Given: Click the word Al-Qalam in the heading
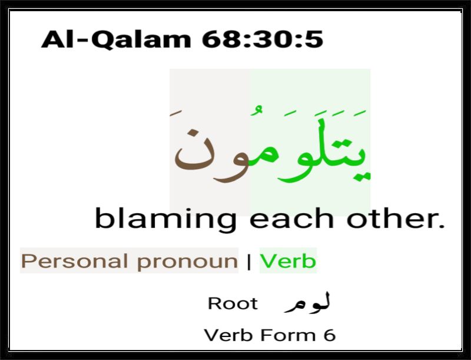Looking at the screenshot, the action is tap(116, 39).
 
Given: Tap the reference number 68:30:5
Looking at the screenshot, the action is tap(263, 39).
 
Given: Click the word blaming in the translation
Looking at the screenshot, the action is tap(165, 219).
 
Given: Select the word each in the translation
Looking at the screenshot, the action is tap(291, 218).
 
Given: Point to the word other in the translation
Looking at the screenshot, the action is tap(390, 218).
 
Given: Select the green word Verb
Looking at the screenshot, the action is tap(288, 261).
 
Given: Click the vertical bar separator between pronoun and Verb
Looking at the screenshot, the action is tap(248, 262).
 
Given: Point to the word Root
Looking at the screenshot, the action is tap(233, 303).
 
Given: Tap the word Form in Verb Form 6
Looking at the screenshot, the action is tap(288, 335).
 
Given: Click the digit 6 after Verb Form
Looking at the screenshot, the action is tap(330, 335).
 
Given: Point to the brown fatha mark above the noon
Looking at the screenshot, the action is tap(175, 113).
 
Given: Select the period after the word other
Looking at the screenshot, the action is tap(441, 226).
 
